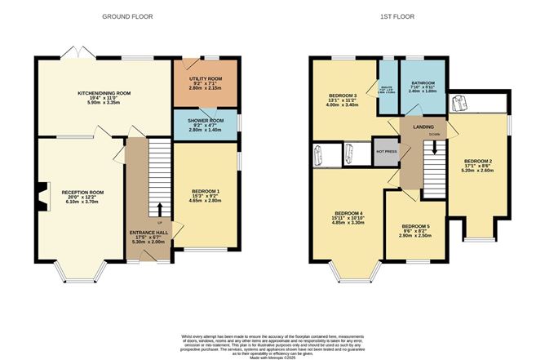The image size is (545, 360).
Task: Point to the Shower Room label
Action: (205, 124)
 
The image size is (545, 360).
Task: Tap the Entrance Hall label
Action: (148, 233)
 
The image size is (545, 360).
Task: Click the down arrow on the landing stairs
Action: (435, 147)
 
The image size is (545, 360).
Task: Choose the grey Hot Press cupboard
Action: (386, 151)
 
